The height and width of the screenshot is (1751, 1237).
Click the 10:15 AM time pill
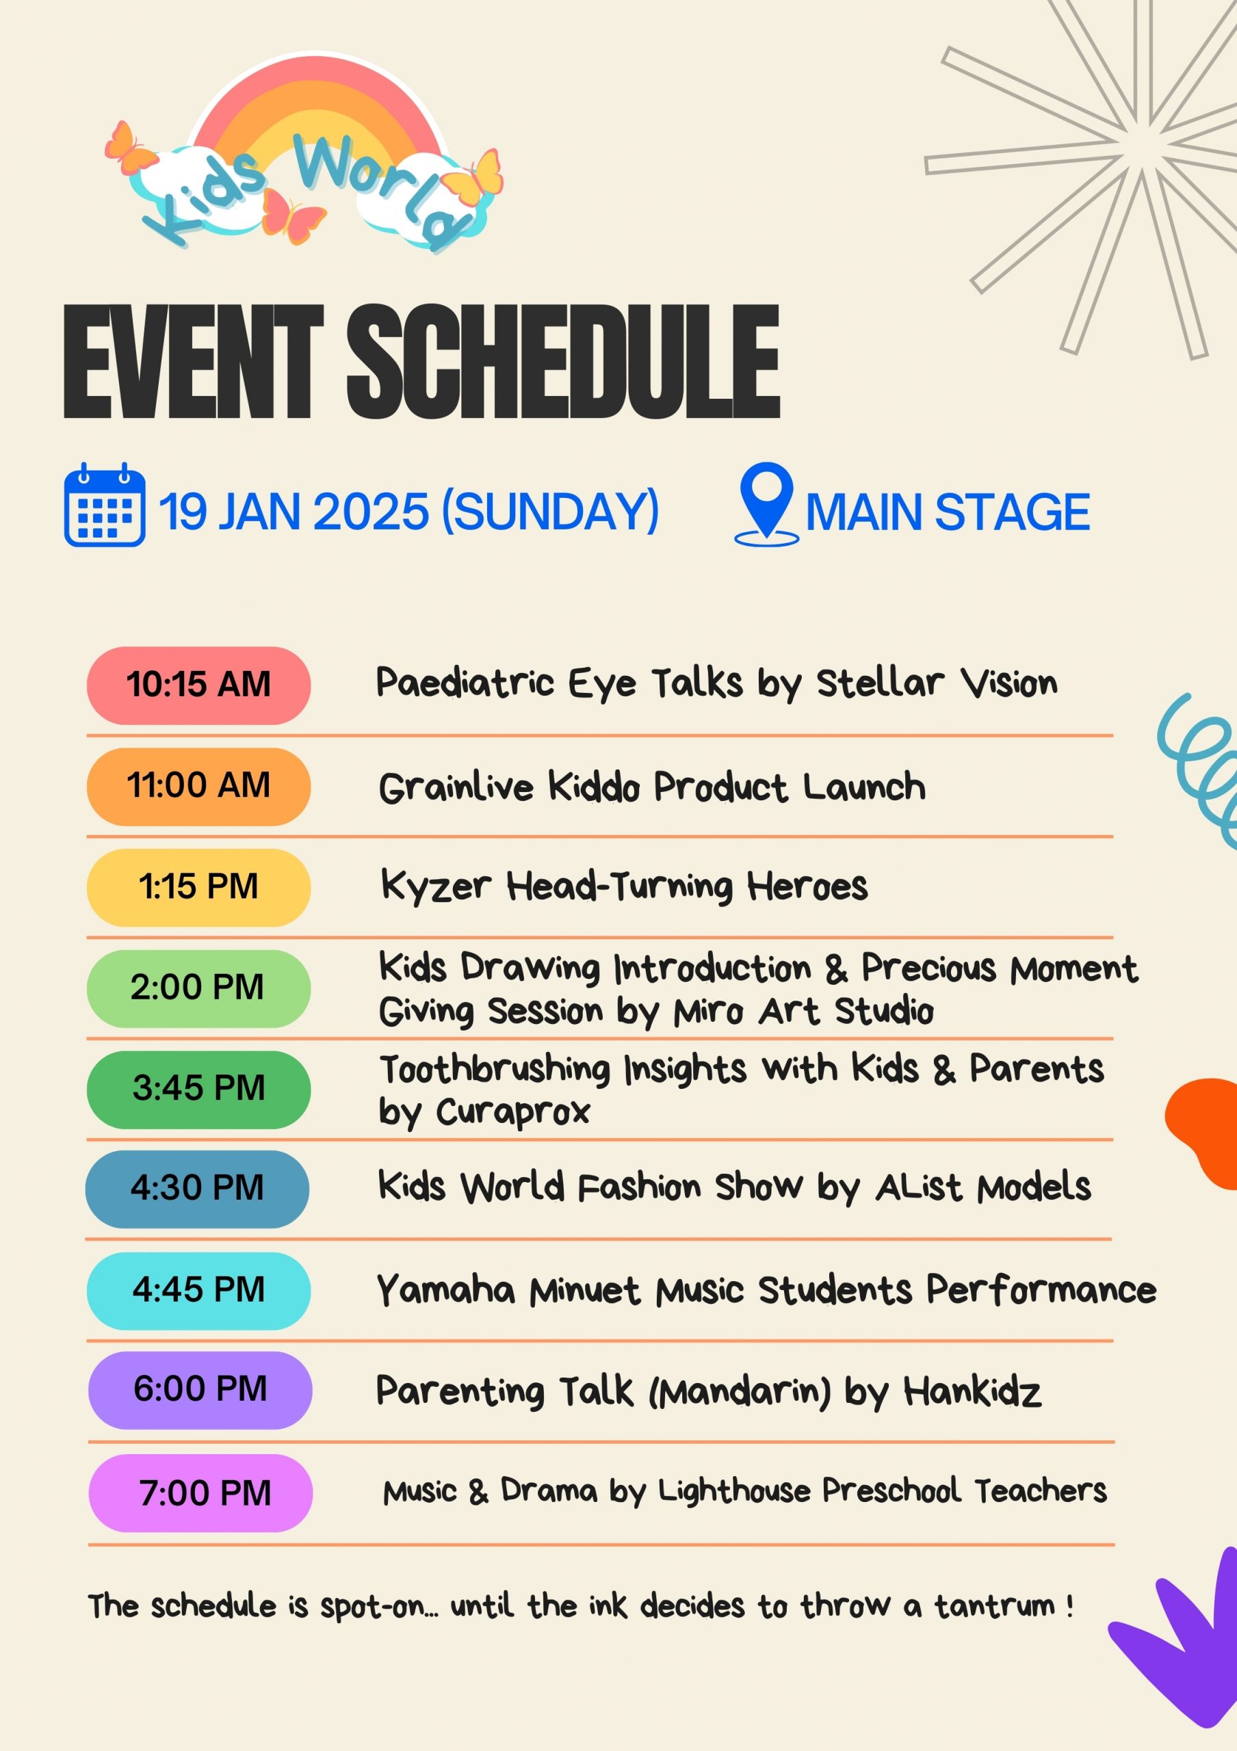(x=198, y=685)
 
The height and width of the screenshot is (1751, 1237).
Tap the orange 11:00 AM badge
(x=198, y=787)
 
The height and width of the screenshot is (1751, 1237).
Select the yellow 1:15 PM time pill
(x=198, y=887)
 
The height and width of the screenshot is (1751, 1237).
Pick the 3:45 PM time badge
(x=198, y=1089)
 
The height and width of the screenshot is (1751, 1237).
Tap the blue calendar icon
(x=105, y=504)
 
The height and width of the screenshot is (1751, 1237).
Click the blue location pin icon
(x=766, y=504)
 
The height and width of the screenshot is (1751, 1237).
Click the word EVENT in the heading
(x=194, y=362)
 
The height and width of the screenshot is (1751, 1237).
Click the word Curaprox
(x=512, y=1113)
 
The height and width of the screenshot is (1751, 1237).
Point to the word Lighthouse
(x=733, y=1491)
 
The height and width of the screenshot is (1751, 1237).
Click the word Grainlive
(x=456, y=787)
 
